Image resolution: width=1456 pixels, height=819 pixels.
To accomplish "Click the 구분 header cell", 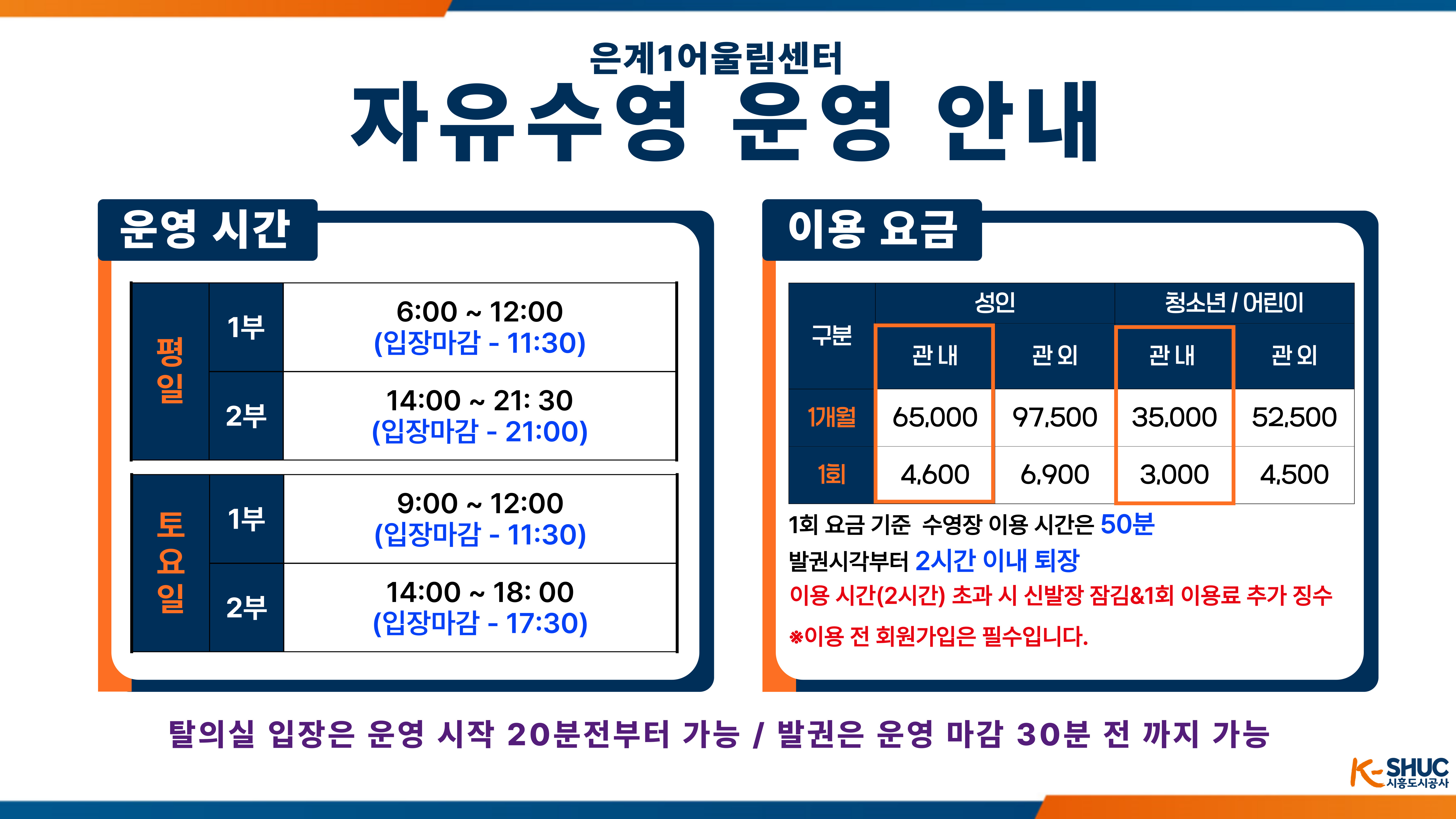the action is pos(831,336).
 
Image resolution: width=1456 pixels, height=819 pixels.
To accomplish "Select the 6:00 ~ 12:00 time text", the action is pos(480,311).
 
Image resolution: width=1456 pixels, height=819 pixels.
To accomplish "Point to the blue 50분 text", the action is pos(1128,524).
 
